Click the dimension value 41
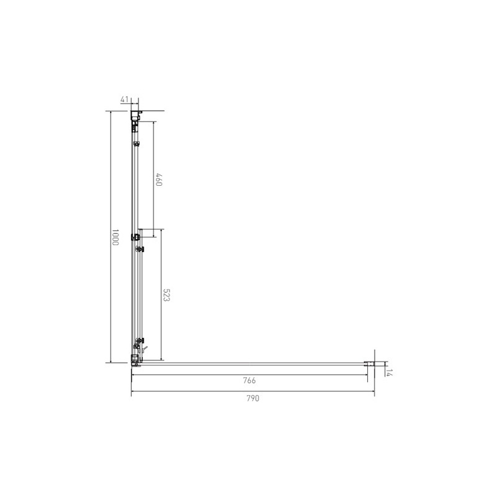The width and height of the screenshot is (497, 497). point(125,99)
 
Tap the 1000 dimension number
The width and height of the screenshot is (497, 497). point(115,237)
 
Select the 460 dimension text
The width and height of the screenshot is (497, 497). point(159,180)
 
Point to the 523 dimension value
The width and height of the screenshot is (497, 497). point(166,295)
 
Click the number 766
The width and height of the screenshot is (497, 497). point(249,380)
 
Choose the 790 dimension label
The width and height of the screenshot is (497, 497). point(253,398)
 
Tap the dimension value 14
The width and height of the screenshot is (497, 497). point(390,373)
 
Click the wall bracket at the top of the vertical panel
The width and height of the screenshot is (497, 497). point(136,115)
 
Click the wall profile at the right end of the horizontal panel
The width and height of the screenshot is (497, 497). point(369,364)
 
